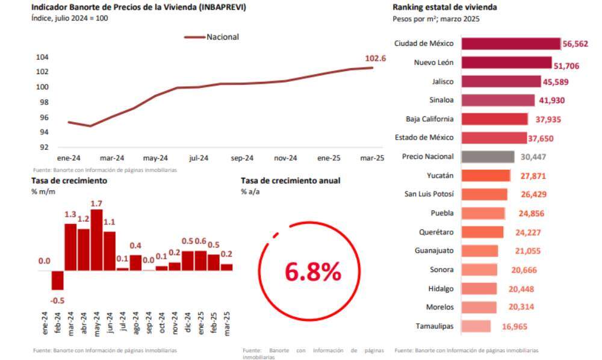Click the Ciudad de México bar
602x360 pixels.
coord(511,43)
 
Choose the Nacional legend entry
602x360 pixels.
coord(222,37)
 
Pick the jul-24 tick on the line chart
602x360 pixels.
coord(199,158)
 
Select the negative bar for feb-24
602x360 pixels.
coord(57,280)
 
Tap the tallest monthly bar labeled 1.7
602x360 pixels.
coord(96,240)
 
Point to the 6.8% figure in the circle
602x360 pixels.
coord(312,273)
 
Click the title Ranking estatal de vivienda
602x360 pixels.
coord(444,8)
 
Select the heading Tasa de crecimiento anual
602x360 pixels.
coord(290,180)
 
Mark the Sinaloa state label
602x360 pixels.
coord(441,100)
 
